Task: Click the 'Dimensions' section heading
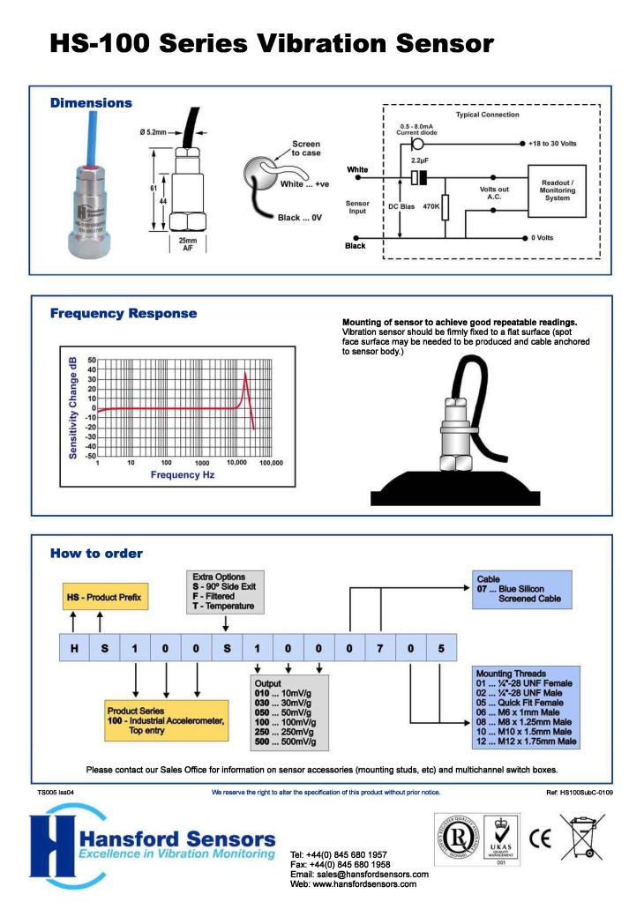(x=91, y=103)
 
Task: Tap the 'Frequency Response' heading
(x=124, y=313)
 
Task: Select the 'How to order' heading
(x=96, y=554)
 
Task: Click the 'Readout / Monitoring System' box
(x=557, y=190)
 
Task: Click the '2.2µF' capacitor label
(x=420, y=161)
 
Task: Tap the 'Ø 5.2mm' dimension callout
(x=153, y=132)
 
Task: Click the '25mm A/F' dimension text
(x=188, y=244)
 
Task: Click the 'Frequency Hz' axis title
(x=183, y=475)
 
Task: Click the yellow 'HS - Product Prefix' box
(x=104, y=598)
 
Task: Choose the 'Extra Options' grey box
(x=223, y=592)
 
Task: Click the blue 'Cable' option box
(x=521, y=590)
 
